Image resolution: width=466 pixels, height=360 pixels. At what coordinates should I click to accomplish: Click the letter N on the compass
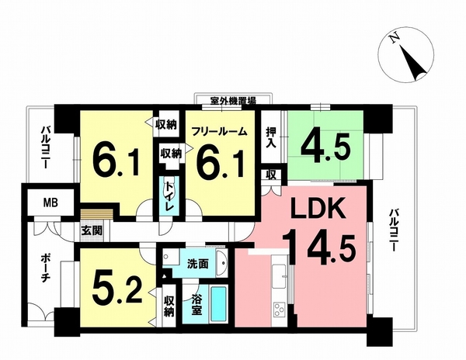[x=394, y=38]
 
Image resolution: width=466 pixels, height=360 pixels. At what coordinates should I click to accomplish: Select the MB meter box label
[x=50, y=203]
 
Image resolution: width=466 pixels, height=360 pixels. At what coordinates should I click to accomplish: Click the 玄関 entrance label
[x=92, y=230]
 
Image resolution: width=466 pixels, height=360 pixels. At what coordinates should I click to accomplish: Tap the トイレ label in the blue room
[x=169, y=196]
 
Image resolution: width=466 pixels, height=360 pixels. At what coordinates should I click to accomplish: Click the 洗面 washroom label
[x=197, y=264]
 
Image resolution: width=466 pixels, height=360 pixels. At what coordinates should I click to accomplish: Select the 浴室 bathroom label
[x=196, y=303]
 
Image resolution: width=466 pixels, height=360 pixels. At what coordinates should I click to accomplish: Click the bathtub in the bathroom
[x=219, y=304]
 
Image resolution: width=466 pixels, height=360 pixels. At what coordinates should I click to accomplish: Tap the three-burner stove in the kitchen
[x=279, y=310]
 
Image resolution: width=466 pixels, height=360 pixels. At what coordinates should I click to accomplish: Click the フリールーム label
[x=219, y=131]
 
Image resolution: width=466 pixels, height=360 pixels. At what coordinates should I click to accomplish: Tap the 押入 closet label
[x=271, y=137]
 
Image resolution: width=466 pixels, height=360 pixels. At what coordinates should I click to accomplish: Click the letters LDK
[x=318, y=208]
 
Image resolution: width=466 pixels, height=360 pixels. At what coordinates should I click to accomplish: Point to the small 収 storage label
[x=271, y=175]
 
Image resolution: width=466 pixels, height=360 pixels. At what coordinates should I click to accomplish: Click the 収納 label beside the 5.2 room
[x=169, y=306]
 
